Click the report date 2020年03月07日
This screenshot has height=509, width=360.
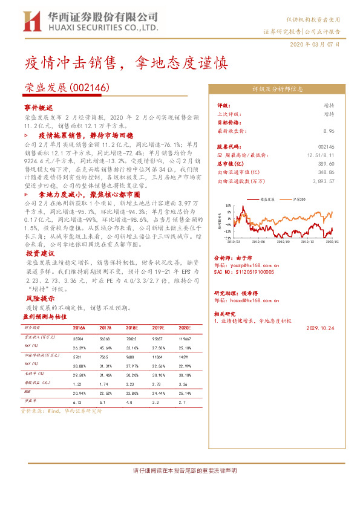[315, 45]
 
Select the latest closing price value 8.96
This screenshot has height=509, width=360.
[329, 131]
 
